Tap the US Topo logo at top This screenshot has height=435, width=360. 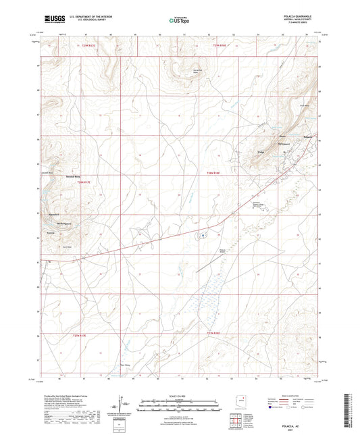(174, 20)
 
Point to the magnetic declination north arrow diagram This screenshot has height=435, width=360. (121, 406)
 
